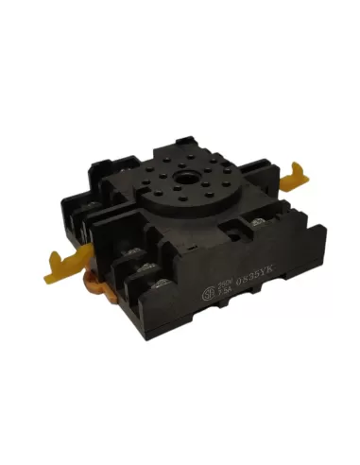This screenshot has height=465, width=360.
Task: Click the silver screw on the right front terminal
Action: [x=256, y=224]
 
